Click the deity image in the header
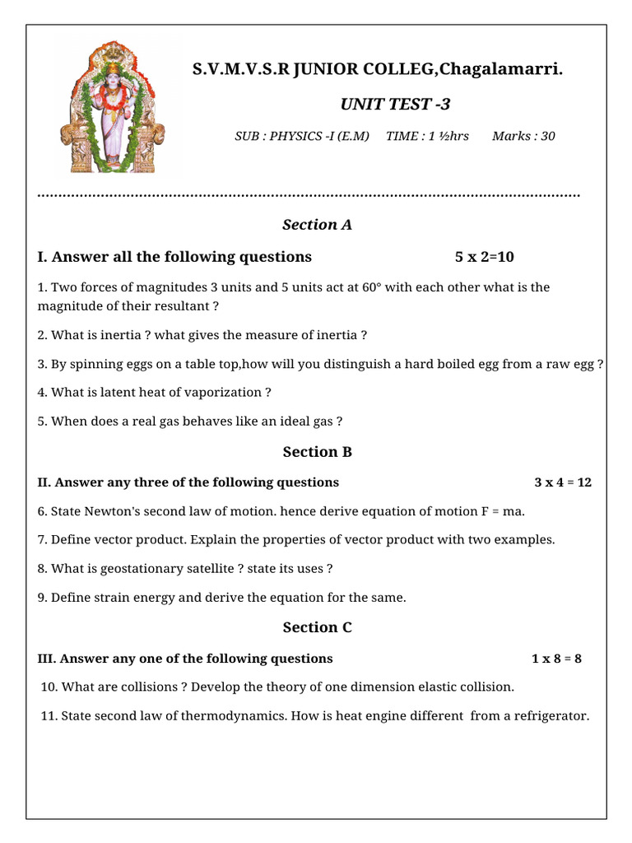click(110, 108)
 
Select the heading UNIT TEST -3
click(395, 105)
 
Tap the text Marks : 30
click(523, 136)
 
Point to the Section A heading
click(317, 225)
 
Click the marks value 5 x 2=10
click(484, 257)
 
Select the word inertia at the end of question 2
click(338, 335)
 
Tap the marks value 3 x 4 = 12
click(563, 482)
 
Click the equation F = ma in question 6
click(503, 511)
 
